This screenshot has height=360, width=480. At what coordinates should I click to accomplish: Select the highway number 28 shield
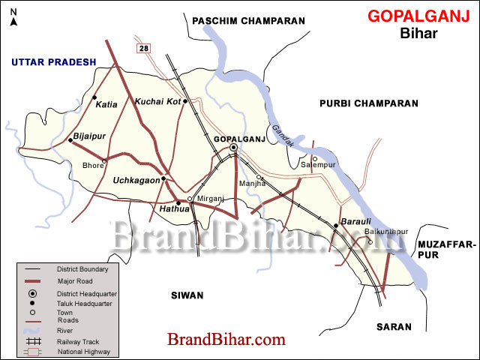(x=142, y=48)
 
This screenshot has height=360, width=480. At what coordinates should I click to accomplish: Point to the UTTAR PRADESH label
(x=53, y=62)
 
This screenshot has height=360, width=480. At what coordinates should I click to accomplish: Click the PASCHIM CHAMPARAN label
(x=248, y=21)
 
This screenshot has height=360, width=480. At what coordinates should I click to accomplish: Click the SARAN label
(x=394, y=327)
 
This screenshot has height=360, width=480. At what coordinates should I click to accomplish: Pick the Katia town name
(x=107, y=105)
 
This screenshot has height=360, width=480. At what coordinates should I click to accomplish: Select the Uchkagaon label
(x=136, y=180)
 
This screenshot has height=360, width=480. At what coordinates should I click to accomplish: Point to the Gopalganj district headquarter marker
(x=233, y=148)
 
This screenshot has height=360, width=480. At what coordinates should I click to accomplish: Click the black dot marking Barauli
(x=336, y=225)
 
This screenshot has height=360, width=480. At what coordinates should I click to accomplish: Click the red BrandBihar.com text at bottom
(x=226, y=340)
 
